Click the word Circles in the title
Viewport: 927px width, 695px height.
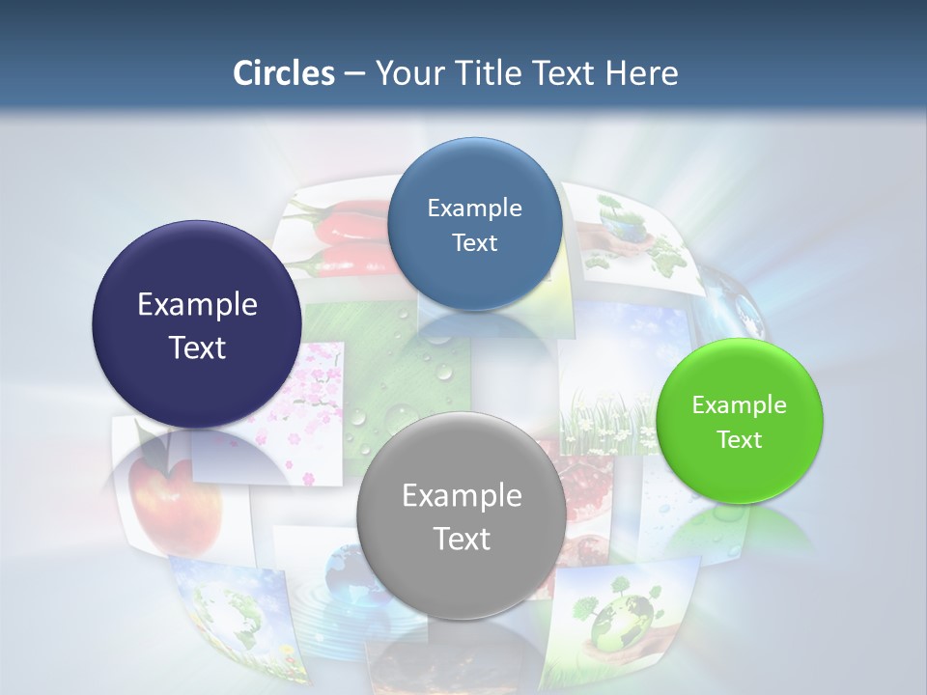[283, 73]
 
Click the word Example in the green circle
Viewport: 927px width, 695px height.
[740, 405]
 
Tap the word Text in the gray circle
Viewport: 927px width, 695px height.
[462, 539]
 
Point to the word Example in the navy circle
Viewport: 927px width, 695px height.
[198, 305]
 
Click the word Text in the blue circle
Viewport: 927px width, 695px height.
[474, 242]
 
